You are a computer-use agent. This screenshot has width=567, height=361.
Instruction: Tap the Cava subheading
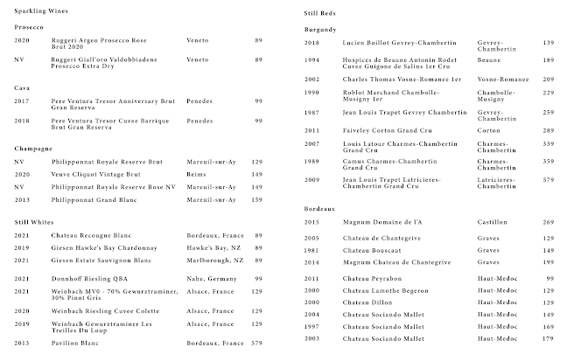click(x=23, y=87)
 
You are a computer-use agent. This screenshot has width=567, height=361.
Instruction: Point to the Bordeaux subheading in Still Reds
click(x=319, y=209)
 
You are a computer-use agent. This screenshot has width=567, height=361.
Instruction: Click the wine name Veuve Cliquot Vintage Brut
click(x=97, y=174)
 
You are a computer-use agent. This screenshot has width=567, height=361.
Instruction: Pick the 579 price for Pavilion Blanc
click(x=257, y=343)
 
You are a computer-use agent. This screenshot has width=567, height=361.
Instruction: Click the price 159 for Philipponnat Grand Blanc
click(x=257, y=199)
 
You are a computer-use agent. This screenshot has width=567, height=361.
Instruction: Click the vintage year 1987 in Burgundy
click(x=311, y=113)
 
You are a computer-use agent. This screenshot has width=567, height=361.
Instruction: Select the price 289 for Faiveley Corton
click(x=548, y=129)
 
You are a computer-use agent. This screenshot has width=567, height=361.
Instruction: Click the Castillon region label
click(x=493, y=222)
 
